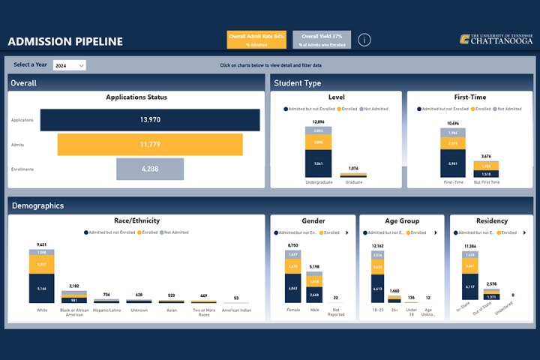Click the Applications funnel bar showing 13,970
click(150, 120)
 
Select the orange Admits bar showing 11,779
click(150, 144)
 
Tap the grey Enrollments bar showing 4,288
click(150, 169)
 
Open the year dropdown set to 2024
click(70, 66)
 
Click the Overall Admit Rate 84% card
click(257, 40)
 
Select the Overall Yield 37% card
click(322, 40)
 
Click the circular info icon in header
click(364, 40)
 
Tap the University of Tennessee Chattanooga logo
click(496, 39)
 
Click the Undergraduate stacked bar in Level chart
click(318, 151)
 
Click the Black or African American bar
click(74, 296)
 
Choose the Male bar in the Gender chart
click(314, 286)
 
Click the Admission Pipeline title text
click(66, 41)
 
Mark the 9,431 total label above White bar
click(41, 245)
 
